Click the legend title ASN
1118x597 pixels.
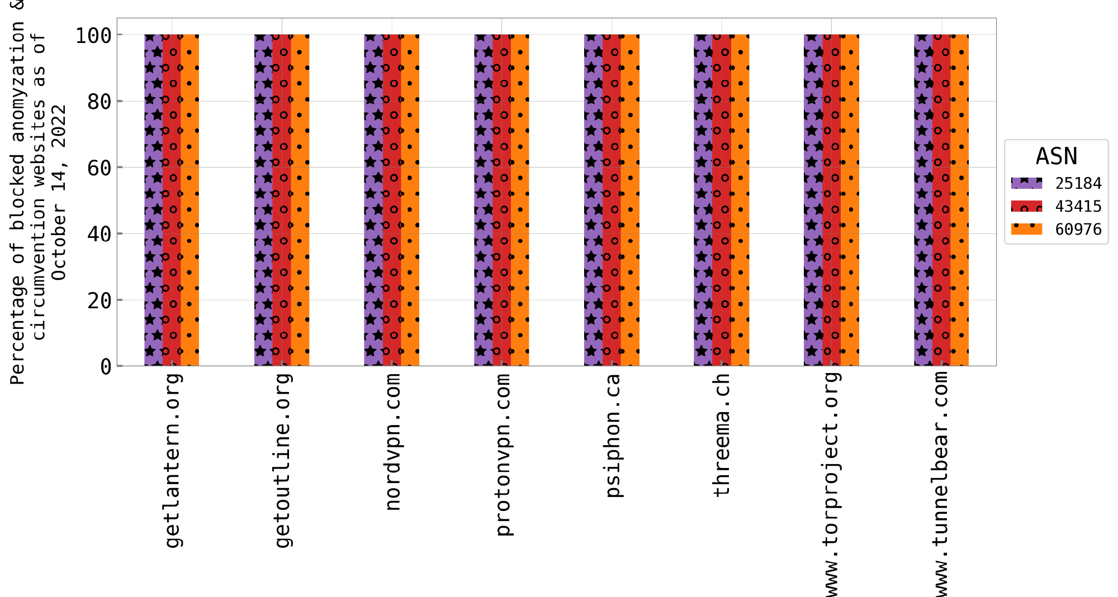point(1056,157)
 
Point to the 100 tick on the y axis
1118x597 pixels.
point(94,36)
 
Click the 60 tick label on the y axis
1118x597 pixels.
point(100,168)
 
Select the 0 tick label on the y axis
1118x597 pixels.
point(106,367)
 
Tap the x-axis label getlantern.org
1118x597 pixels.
point(173,461)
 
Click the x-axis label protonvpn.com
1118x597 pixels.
point(503,455)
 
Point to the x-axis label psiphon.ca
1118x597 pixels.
point(613,436)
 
